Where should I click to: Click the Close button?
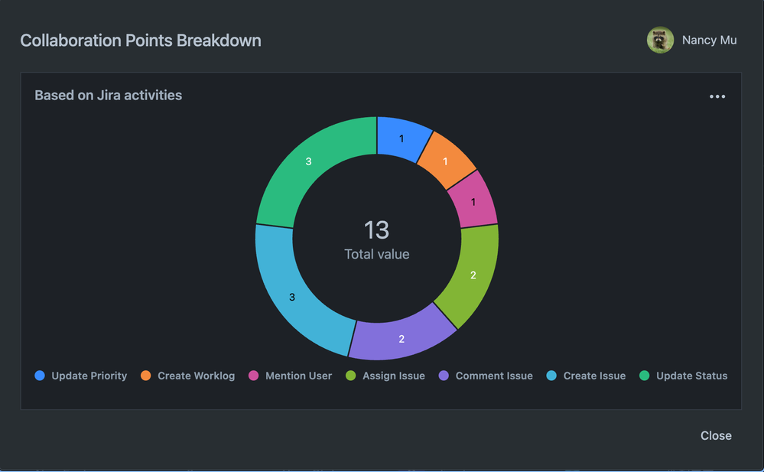716,435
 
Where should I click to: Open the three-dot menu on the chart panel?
717,96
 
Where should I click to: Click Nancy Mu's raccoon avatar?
660,41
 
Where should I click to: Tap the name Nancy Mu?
709,41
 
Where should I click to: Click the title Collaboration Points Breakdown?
141,41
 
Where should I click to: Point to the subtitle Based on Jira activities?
109,96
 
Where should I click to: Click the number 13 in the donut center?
376,229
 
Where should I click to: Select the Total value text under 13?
376,254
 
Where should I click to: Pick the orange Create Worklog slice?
445,161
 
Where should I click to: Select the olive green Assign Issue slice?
472,275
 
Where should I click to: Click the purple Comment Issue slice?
402,337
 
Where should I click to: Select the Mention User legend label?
298,376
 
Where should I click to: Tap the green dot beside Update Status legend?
644,376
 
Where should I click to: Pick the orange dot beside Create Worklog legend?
146,376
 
